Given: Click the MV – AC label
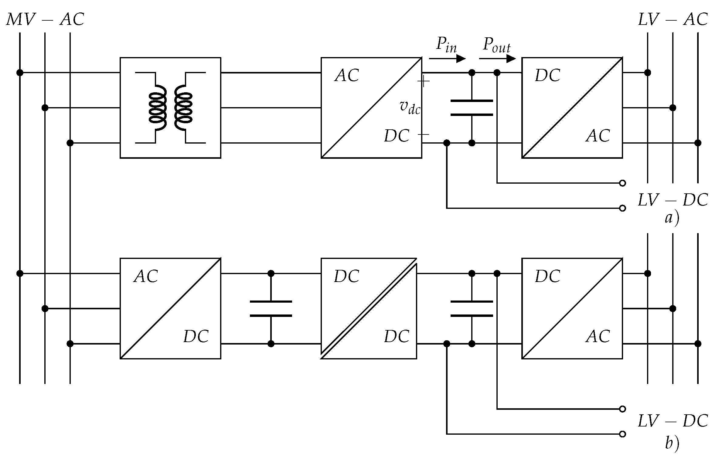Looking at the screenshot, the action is pyautogui.click(x=45, y=20).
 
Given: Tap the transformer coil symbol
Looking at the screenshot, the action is pyautogui.click(x=170, y=108).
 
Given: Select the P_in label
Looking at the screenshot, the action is pyautogui.click(x=446, y=45).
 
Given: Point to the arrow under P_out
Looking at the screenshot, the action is pyautogui.click(x=497, y=59).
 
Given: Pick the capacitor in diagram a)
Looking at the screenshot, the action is pyautogui.click(x=472, y=108).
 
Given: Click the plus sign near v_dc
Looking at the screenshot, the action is pyautogui.click(x=424, y=82).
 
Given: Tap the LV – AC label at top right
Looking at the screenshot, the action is pyautogui.click(x=673, y=20).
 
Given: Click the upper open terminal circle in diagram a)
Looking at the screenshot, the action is pyautogui.click(x=622, y=183).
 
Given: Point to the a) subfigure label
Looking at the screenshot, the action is pyautogui.click(x=672, y=218).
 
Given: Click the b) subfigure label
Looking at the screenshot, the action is pyautogui.click(x=672, y=443).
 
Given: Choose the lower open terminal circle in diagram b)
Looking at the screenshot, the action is pyautogui.click(x=622, y=434).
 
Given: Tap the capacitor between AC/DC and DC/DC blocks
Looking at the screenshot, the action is pyautogui.click(x=271, y=309).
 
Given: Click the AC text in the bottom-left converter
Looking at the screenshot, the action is pyautogui.click(x=146, y=277).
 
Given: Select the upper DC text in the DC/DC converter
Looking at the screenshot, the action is pyautogui.click(x=347, y=277).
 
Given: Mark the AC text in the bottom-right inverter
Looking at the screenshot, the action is pyautogui.click(x=598, y=337).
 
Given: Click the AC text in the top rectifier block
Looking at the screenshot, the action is pyautogui.click(x=347, y=76).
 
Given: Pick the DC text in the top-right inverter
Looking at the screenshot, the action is pyautogui.click(x=547, y=76).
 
